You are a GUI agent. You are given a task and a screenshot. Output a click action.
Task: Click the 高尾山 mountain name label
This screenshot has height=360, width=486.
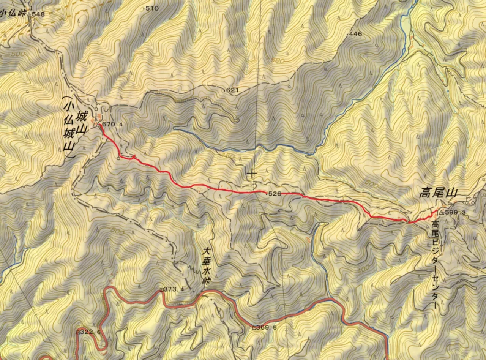pos(437,194)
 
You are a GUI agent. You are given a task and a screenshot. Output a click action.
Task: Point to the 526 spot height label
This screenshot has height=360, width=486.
pos(274,194)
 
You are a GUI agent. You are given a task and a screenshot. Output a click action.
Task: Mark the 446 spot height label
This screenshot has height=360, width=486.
pos(355,34)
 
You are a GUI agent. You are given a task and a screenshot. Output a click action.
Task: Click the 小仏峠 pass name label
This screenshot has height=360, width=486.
pos(13,13)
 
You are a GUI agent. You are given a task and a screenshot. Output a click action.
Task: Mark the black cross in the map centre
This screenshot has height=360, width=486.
pos(251,174)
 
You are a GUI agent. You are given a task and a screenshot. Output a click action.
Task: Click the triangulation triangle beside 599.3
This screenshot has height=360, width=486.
pos(441,213)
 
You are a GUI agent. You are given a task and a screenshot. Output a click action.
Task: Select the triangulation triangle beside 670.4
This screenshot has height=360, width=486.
pos(98,124)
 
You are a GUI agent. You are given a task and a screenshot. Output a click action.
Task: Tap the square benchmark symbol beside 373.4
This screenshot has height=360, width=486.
pos(161,290)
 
